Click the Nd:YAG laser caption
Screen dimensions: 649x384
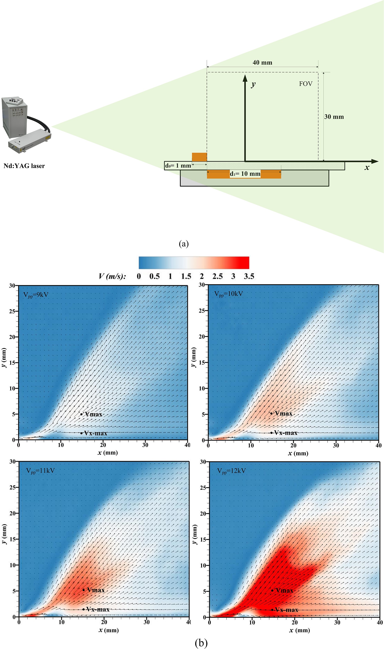(x=24, y=166)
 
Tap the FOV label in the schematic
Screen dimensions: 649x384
(x=306, y=84)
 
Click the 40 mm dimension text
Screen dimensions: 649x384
(x=262, y=63)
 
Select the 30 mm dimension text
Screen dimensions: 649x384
(x=334, y=117)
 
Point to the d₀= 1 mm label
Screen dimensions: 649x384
(x=178, y=166)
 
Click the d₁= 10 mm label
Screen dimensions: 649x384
(x=245, y=174)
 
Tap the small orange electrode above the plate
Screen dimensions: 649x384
(x=199, y=157)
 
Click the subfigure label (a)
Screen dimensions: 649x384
(x=184, y=244)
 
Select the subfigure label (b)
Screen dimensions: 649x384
(x=201, y=642)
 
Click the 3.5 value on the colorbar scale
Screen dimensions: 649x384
(x=249, y=276)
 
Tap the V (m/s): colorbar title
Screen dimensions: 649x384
(x=112, y=276)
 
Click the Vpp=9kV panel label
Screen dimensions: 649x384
(x=36, y=295)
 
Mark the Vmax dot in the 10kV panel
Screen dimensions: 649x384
(x=271, y=413)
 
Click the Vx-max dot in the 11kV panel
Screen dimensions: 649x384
(x=83, y=609)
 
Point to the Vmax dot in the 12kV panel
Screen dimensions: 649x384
(x=272, y=590)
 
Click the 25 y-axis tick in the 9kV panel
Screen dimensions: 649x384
(x=12, y=311)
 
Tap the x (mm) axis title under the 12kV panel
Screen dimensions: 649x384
(x=299, y=630)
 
